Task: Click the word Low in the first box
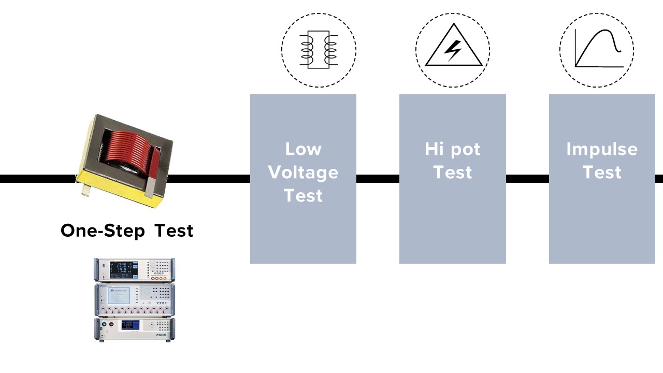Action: click(x=303, y=149)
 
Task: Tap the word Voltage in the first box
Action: click(x=303, y=173)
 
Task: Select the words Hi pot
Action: click(x=452, y=149)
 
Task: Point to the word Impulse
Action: click(x=601, y=149)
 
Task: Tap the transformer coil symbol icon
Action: click(x=319, y=50)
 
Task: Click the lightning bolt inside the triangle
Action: click(x=453, y=51)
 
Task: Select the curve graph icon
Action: click(x=597, y=49)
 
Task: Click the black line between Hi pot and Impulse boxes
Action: click(x=527, y=179)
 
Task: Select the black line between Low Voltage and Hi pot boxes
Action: click(x=378, y=179)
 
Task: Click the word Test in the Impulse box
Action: click(x=601, y=173)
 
